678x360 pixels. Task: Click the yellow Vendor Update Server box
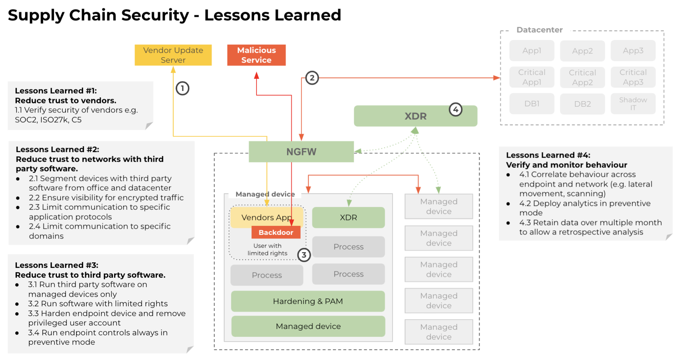pyautogui.click(x=173, y=55)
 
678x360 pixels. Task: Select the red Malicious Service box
pyautogui.click(x=256, y=55)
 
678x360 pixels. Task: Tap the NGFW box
pyautogui.click(x=301, y=152)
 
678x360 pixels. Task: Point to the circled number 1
pyautogui.click(x=182, y=88)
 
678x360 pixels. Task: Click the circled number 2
pyautogui.click(x=312, y=78)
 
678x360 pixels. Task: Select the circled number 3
pyautogui.click(x=304, y=255)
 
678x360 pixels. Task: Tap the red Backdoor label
pyautogui.click(x=276, y=233)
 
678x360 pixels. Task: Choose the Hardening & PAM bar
pyautogui.click(x=308, y=301)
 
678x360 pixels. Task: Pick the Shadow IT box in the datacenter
pyautogui.click(x=633, y=104)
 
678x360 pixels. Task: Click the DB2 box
pyautogui.click(x=582, y=104)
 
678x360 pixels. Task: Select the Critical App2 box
pyautogui.click(x=582, y=77)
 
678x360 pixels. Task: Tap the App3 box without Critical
pyautogui.click(x=633, y=51)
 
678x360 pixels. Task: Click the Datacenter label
pyautogui.click(x=539, y=30)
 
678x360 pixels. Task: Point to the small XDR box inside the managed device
pyautogui.click(x=348, y=218)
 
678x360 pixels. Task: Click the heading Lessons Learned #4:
pyautogui.click(x=548, y=155)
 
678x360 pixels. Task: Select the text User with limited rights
pyautogui.click(x=267, y=249)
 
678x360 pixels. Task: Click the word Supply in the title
pyautogui.click(x=36, y=16)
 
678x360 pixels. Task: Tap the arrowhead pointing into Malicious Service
pyautogui.click(x=256, y=75)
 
